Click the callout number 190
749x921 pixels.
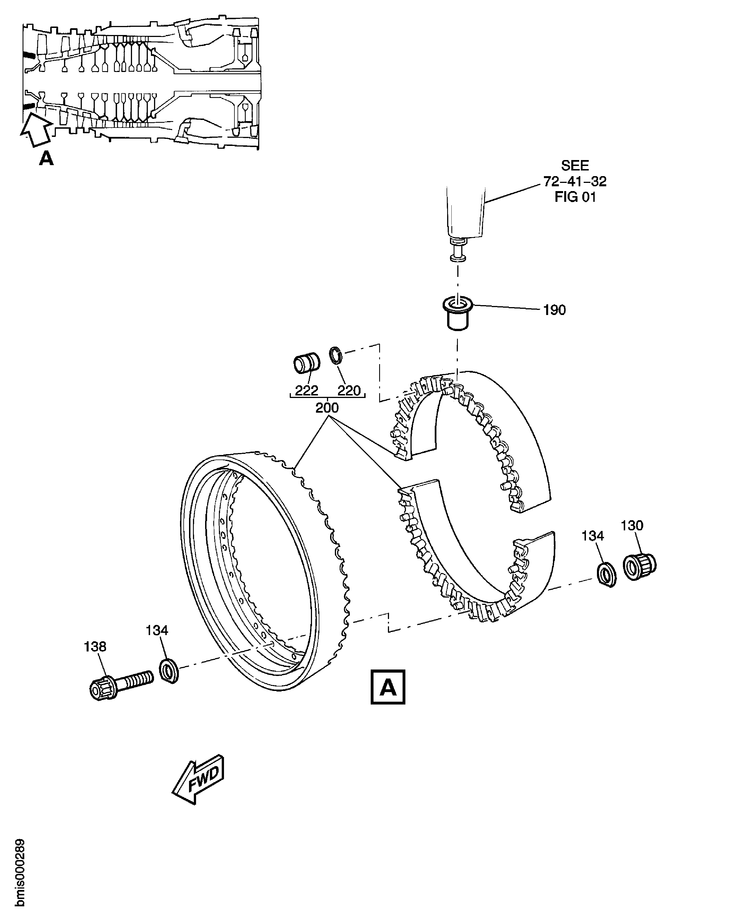tap(554, 310)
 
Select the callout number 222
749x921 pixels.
tap(307, 391)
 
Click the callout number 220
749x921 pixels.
tap(349, 391)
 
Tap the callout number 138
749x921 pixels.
tap(95, 647)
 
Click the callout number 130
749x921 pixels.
tap(632, 525)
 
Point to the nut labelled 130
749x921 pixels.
tap(640, 566)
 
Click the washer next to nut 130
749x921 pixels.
tap(607, 574)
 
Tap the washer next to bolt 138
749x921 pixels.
tap(169, 671)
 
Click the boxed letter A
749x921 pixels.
tap(388, 687)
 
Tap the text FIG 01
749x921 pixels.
tap(575, 197)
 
